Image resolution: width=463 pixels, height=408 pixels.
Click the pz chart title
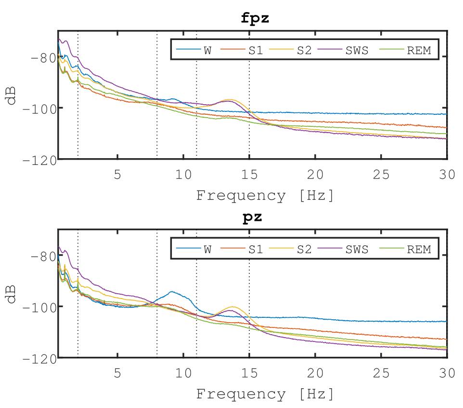[252, 218]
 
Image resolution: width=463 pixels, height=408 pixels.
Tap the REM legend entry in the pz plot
[419, 249]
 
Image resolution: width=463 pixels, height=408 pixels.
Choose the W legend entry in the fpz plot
[207, 50]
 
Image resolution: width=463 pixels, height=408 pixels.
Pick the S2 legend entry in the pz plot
[304, 249]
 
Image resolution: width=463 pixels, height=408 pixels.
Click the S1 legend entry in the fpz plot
[256, 50]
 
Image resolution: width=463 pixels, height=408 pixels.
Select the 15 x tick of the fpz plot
[249, 175]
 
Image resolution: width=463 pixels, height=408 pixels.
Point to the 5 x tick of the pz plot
[117, 374]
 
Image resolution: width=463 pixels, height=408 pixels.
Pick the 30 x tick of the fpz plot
[447, 175]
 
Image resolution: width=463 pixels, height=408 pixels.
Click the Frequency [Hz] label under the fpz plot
[264, 196]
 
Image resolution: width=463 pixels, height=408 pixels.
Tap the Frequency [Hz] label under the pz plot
[264, 394]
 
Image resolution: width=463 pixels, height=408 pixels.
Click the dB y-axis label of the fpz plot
[11, 95]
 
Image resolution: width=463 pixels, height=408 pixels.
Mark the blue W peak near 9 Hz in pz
[172, 291]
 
